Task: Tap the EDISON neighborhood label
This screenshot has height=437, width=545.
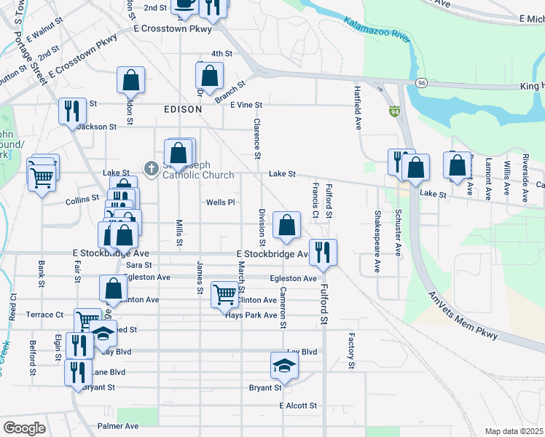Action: point(178,109)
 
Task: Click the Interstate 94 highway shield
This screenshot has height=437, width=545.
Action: point(394,111)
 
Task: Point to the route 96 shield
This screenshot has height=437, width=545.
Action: point(422,83)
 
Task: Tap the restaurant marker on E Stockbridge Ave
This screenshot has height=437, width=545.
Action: point(322,252)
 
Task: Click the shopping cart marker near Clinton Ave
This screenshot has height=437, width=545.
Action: point(224,295)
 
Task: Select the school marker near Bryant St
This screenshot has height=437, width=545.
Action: point(284,365)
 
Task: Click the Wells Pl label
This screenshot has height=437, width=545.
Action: point(221,202)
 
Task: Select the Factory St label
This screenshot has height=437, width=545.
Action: point(350,351)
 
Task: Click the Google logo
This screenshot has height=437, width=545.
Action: point(24,428)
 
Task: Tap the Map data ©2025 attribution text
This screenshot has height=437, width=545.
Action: point(514,431)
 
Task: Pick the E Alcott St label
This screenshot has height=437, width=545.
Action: point(299,406)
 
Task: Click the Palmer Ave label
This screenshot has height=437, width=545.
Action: point(117,426)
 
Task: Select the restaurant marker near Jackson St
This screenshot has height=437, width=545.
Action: point(72,111)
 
